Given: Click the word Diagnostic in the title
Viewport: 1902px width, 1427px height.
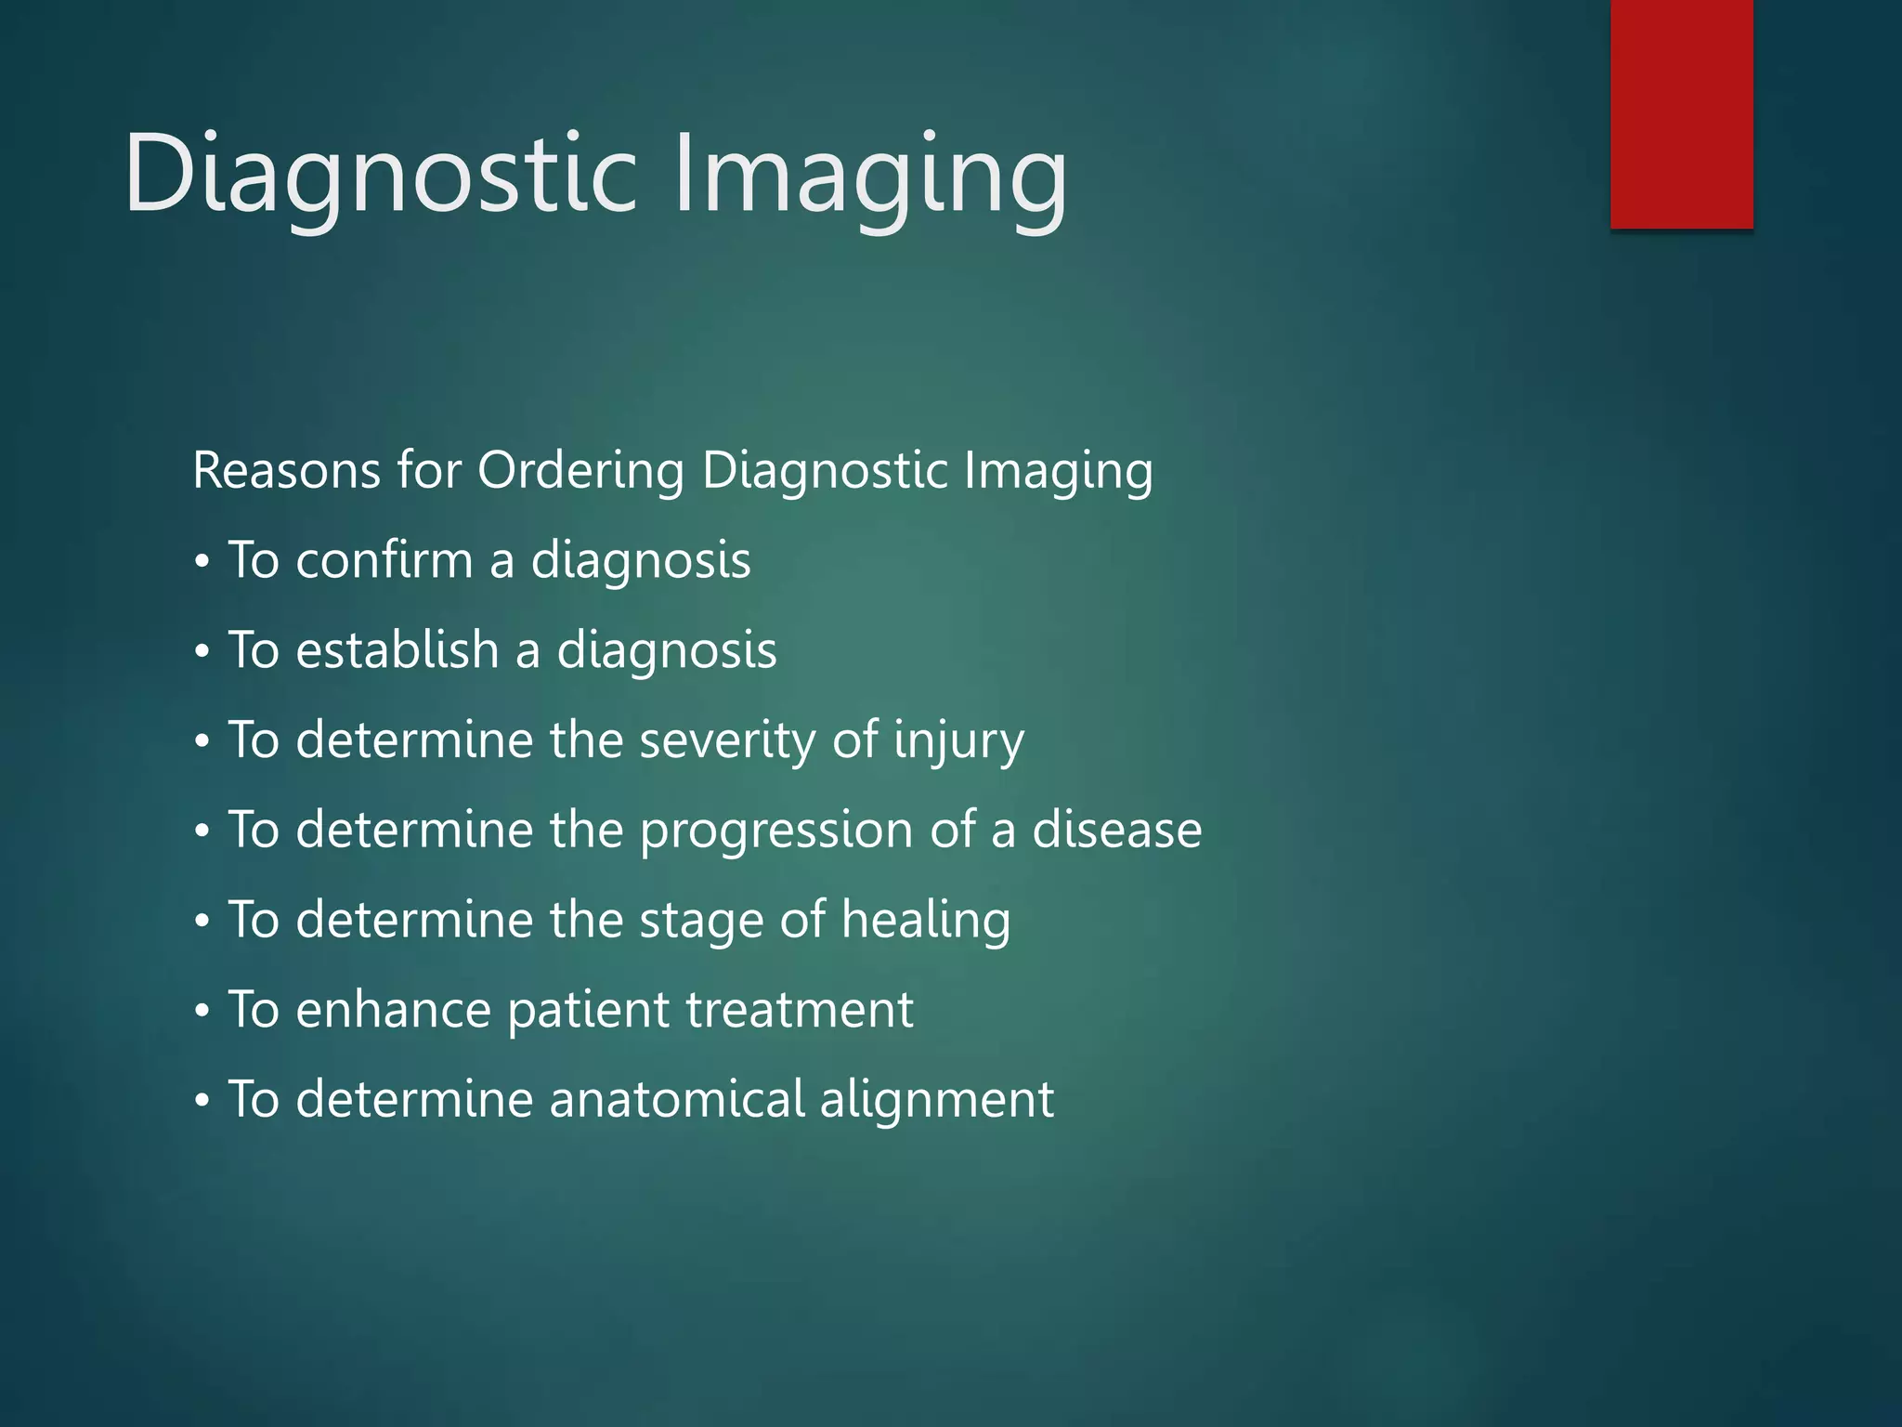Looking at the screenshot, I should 381,174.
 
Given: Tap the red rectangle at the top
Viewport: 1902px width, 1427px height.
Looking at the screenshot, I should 1681,113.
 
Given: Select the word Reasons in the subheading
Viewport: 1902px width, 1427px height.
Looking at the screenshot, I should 286,470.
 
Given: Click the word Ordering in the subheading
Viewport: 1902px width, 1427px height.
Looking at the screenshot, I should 580,470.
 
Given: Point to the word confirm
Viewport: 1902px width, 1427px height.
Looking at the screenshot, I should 384,560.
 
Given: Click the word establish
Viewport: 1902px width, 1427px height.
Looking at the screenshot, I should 397,649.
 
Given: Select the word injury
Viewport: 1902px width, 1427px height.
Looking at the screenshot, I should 958,740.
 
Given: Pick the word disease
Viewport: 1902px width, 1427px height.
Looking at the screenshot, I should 1117,830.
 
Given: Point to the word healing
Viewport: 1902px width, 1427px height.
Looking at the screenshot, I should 926,920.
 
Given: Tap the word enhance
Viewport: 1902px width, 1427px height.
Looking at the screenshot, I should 393,1010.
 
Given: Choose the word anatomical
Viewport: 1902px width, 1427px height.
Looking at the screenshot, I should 677,1099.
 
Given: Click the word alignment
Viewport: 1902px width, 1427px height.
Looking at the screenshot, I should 937,1099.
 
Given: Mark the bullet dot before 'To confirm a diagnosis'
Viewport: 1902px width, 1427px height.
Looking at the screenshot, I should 202,563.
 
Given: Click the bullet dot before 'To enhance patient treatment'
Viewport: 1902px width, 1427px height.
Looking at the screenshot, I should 202,1012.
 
